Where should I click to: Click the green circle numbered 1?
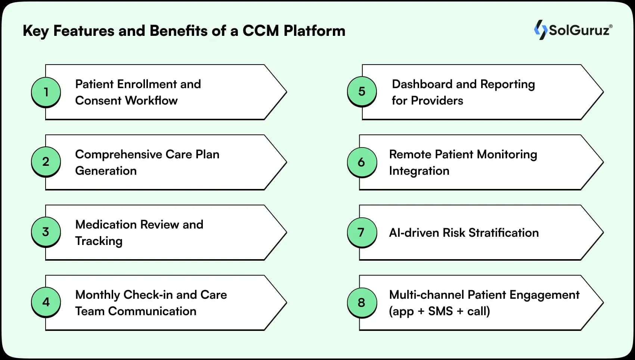(x=46, y=92)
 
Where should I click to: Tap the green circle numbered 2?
(x=46, y=162)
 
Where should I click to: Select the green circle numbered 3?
(x=46, y=232)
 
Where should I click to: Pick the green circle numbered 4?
(x=46, y=302)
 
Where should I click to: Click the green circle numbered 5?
(x=362, y=91)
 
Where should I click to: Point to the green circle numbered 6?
(x=362, y=162)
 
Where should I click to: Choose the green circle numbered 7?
(x=362, y=232)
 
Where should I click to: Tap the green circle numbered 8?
(x=362, y=302)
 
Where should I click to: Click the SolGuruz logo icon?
(x=540, y=30)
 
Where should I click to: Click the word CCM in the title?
(x=260, y=31)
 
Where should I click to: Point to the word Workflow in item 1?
(x=151, y=100)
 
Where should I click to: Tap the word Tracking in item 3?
(x=99, y=241)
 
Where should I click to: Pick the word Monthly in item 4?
(x=97, y=295)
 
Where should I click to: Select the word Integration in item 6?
(x=419, y=171)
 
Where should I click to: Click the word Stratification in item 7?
(x=504, y=233)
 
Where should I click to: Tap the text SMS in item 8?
(x=440, y=311)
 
